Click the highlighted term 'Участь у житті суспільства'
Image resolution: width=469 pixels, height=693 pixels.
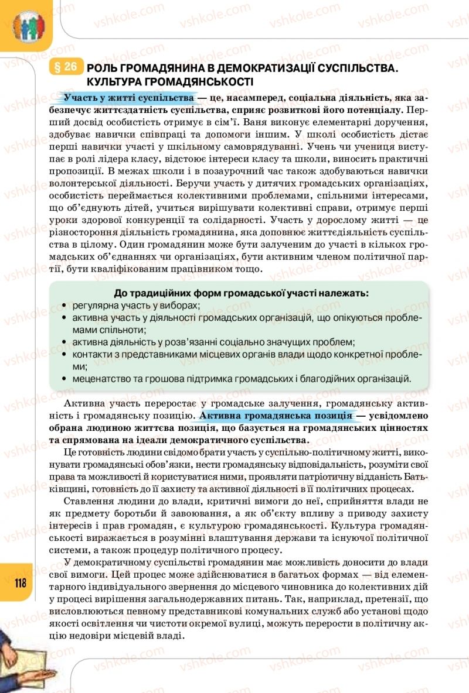point(129,96)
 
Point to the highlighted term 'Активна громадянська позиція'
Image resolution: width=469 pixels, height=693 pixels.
point(276,416)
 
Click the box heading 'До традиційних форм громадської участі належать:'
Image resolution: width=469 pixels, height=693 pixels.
point(241,293)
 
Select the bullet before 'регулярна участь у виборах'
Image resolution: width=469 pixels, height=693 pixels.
point(63,306)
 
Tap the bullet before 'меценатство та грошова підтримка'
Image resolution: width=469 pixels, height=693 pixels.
point(63,379)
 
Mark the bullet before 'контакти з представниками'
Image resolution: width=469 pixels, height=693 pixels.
point(63,354)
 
